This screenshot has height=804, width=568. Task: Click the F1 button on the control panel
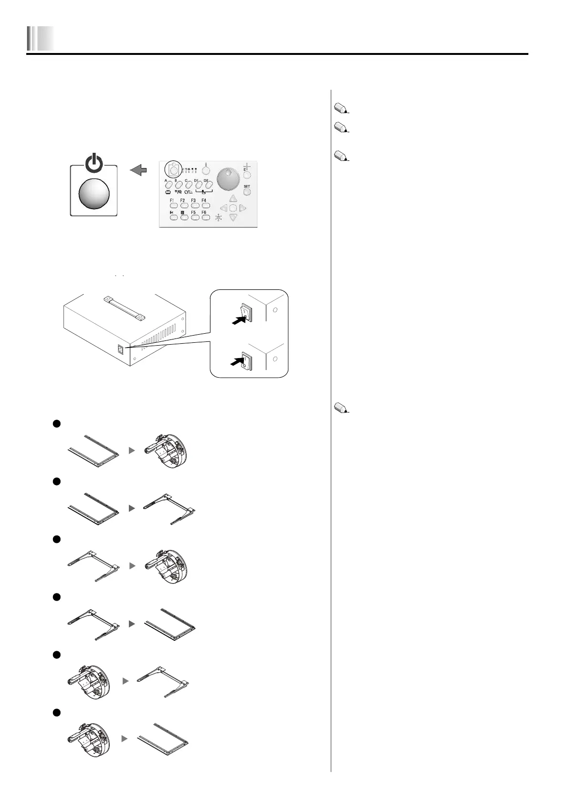coord(173,205)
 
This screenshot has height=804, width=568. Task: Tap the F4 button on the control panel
coord(205,205)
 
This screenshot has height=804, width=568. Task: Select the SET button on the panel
coord(247,192)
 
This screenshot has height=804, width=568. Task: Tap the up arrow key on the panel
coord(232,199)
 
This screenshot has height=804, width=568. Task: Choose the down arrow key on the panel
coord(232,218)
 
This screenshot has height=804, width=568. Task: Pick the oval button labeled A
coord(168,185)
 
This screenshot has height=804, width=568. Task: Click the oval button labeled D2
coord(208,185)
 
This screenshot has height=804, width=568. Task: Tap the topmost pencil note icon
coord(341,109)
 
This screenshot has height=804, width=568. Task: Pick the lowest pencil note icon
coord(341,408)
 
